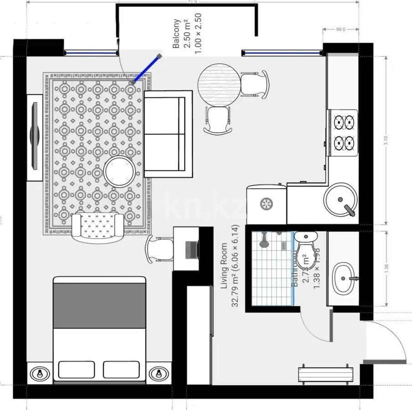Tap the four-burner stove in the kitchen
[x=344, y=133]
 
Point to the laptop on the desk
[x=191, y=248]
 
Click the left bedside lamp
[x=41, y=373]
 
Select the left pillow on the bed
[x=77, y=369]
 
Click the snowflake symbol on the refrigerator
[x=265, y=204]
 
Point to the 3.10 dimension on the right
[x=386, y=141]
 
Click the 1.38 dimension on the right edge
[x=386, y=269]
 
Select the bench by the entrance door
[x=325, y=374]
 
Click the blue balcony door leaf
[x=146, y=70]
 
